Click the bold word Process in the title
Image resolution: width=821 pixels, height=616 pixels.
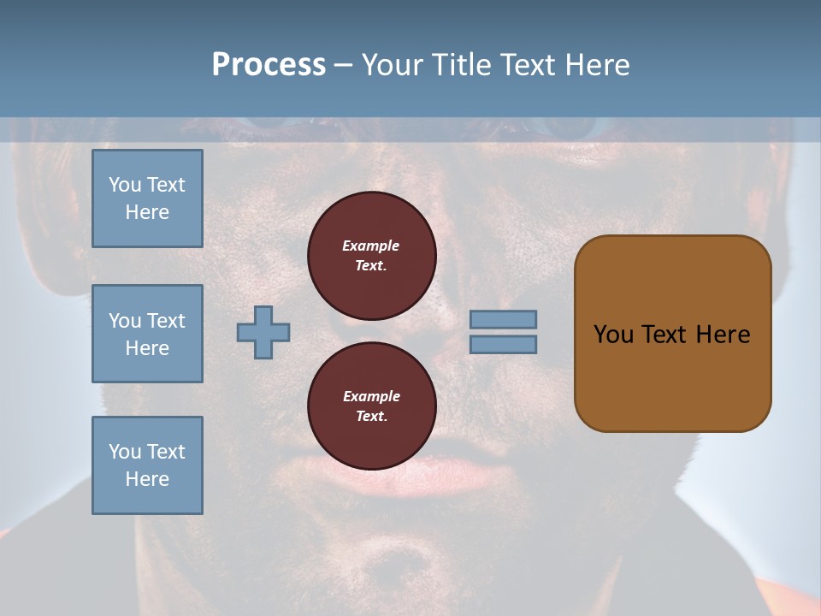click(x=269, y=65)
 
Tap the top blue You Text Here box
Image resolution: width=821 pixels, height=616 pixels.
click(x=147, y=198)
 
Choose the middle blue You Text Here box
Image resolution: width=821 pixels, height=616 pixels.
click(x=147, y=334)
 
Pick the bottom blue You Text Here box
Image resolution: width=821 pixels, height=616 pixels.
click(x=147, y=465)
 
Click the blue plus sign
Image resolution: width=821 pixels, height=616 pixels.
click(x=263, y=332)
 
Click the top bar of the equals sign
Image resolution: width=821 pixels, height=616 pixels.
click(x=503, y=319)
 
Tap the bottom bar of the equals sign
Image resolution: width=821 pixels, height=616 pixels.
click(x=503, y=345)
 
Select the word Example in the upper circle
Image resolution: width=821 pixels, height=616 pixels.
click(x=370, y=246)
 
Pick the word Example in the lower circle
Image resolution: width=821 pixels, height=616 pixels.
click(x=371, y=396)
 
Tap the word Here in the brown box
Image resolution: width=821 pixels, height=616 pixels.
click(x=723, y=335)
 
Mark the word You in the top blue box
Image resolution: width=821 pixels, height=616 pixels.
click(x=124, y=185)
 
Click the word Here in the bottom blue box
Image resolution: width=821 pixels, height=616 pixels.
click(x=147, y=479)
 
